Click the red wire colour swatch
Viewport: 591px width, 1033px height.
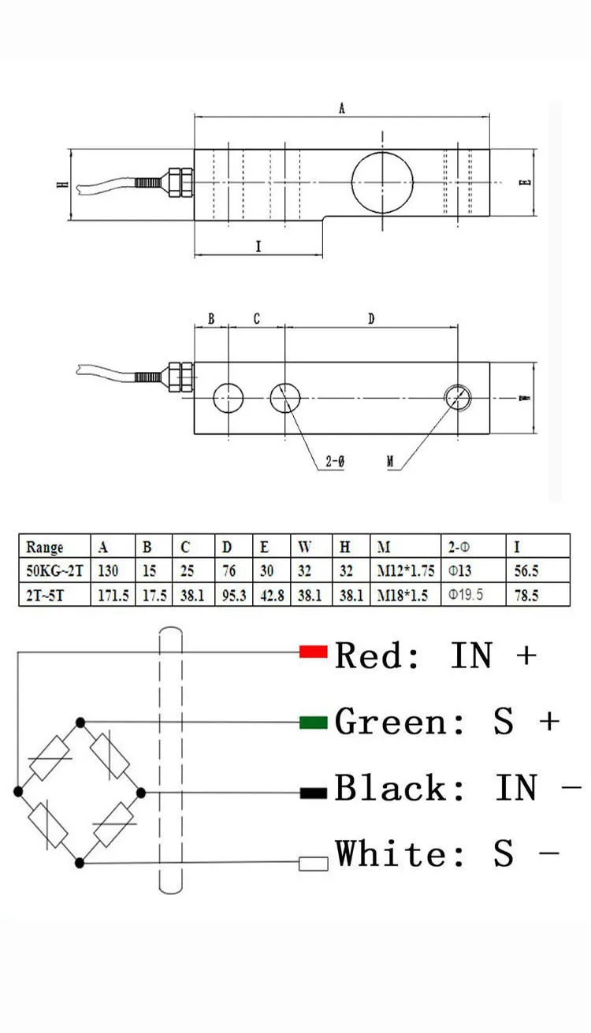[313, 652]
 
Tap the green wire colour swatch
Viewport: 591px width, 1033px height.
[313, 722]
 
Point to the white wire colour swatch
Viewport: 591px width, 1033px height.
[313, 863]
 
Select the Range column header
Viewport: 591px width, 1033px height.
[45, 547]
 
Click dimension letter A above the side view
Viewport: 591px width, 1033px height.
[342, 110]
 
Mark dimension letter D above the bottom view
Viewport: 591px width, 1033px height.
[371, 319]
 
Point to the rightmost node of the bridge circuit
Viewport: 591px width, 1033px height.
[142, 791]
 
